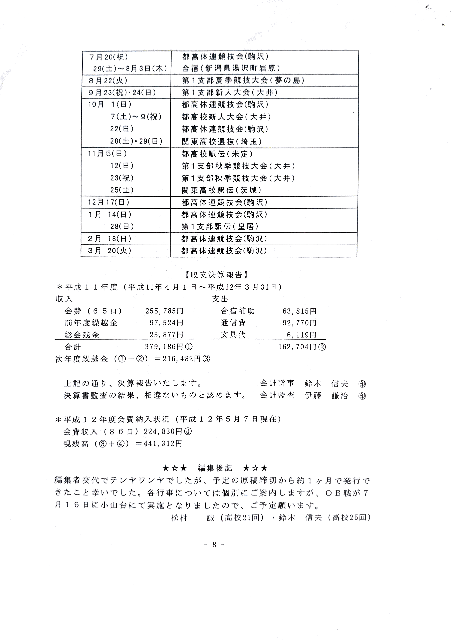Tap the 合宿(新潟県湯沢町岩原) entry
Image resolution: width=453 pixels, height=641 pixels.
tap(231, 68)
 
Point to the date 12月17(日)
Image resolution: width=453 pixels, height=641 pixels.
tap(108, 202)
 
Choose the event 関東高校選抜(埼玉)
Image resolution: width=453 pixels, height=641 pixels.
tap(222, 142)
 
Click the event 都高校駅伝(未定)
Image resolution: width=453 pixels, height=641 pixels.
tap(217, 154)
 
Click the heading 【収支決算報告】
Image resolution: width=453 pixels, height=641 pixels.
tap(216, 275)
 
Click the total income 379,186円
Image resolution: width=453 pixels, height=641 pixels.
tap(164, 347)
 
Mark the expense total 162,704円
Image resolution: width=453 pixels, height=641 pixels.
tap(298, 347)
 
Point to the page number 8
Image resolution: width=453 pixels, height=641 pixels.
tap(214, 545)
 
